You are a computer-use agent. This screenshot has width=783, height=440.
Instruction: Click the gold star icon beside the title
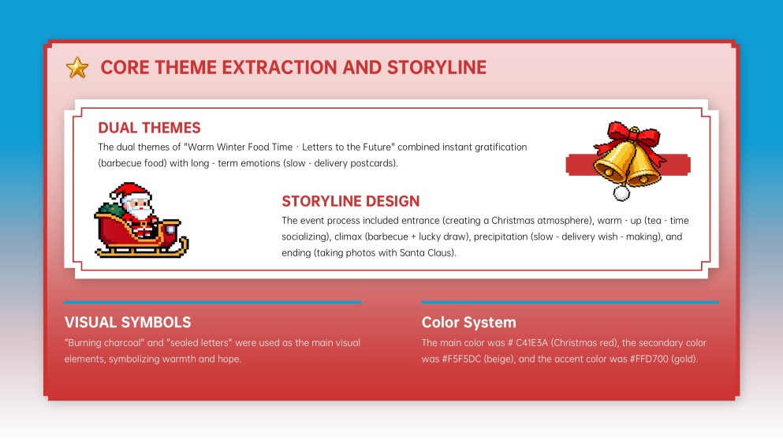(77, 68)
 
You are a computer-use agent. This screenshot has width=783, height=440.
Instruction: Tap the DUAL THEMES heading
(149, 128)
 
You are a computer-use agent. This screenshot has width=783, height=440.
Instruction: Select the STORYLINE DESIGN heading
(350, 201)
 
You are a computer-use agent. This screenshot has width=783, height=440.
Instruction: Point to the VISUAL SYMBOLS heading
(128, 323)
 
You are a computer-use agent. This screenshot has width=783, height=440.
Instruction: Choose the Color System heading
(469, 323)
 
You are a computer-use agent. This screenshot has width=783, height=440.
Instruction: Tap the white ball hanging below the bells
(622, 192)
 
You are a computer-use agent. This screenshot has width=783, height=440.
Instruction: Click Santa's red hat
(125, 191)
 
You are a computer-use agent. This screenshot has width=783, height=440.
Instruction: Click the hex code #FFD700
(640, 359)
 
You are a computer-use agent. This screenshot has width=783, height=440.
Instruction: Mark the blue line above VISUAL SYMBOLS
(213, 302)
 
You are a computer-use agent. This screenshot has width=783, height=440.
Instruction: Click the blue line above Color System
(570, 302)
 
